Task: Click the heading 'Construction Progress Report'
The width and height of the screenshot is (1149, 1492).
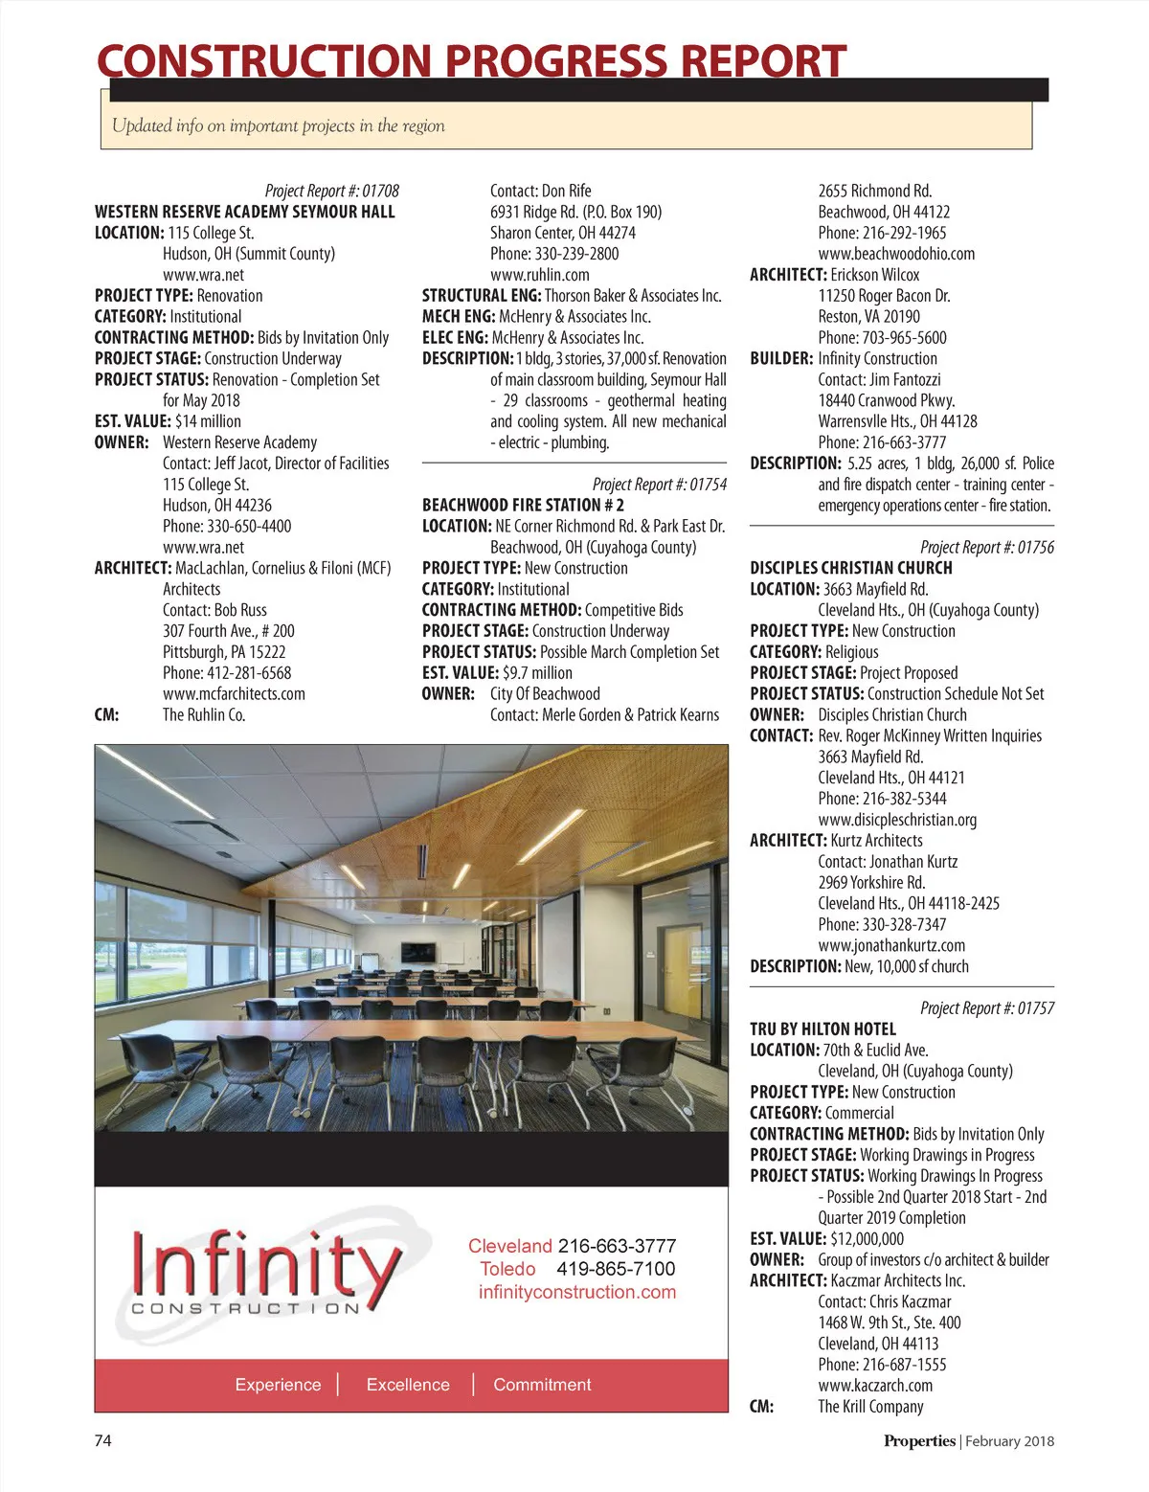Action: (471, 61)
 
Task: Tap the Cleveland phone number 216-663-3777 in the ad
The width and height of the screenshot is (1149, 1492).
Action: (617, 1246)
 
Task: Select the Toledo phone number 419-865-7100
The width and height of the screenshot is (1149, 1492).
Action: (615, 1269)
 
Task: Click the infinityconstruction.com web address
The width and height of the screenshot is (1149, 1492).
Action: (577, 1292)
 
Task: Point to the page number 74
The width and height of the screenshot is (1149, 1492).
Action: (102, 1440)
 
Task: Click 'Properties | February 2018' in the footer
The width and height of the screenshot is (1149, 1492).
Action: (968, 1440)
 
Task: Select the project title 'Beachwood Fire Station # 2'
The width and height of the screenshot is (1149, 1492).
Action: (523, 505)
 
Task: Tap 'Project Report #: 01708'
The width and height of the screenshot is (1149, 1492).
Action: (331, 191)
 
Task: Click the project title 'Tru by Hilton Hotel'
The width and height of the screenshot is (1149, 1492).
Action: (822, 1029)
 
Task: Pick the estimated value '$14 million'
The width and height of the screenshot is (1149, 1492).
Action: (208, 421)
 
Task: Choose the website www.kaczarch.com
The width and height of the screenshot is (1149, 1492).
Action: (875, 1386)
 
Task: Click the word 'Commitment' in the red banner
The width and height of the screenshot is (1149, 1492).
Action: (542, 1385)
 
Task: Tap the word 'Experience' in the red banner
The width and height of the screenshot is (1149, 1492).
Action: (278, 1385)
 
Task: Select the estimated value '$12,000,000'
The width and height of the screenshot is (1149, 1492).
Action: (867, 1238)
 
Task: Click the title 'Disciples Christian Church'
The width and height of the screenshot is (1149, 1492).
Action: (850, 568)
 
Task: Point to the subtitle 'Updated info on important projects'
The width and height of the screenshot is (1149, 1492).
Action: (278, 125)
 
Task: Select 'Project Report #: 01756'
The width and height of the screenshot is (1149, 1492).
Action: (986, 547)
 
